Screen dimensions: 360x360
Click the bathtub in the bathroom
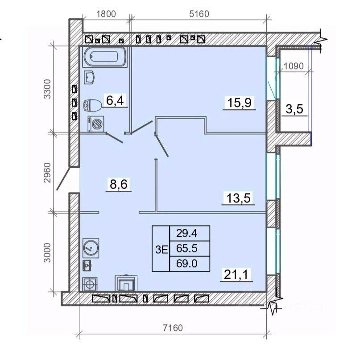tap(105, 57)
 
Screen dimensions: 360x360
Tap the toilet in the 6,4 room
tap(92, 105)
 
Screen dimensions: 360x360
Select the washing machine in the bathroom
tap(96, 124)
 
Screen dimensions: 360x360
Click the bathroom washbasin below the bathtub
tap(89, 77)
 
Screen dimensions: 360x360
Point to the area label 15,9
tap(240, 102)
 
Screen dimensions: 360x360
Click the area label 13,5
tap(238, 198)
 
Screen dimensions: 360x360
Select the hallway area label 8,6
tap(119, 184)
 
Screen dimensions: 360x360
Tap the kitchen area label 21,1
tap(236, 274)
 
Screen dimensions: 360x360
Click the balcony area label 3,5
tap(294, 109)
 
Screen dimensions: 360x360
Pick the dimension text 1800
tap(106, 14)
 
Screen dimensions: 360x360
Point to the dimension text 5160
tap(199, 14)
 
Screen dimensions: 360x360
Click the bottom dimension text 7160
tap(173, 328)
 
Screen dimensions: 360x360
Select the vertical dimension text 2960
tap(47, 173)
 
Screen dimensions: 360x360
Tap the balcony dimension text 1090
tap(294, 66)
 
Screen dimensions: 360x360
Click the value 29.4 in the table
tap(187, 233)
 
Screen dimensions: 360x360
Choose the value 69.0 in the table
tap(187, 264)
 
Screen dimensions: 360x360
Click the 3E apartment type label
tap(161, 249)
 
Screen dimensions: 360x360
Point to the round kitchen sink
tap(91, 248)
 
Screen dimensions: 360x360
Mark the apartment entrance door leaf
tap(63, 178)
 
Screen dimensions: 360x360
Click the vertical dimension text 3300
tap(47, 89)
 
